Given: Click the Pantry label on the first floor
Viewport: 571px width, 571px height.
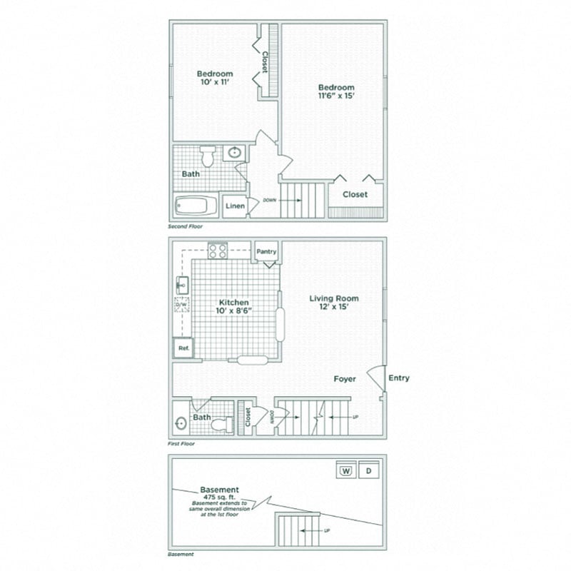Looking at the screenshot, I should tap(266, 252).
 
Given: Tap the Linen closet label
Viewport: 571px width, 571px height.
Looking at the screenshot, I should tap(235, 206).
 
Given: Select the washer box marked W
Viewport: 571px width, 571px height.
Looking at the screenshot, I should tap(345, 471).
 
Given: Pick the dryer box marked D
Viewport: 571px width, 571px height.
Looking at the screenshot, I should tap(368, 471).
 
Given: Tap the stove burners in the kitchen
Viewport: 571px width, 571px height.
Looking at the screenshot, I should tap(218, 251).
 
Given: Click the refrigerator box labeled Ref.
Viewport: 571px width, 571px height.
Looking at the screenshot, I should tap(183, 349).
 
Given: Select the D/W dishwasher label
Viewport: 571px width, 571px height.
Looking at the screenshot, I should tap(181, 305).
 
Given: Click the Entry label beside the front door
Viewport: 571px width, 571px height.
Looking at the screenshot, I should tap(399, 378).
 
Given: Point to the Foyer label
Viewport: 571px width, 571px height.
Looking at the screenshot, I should tap(345, 379).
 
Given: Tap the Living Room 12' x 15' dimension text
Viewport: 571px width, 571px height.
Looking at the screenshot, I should tap(333, 308).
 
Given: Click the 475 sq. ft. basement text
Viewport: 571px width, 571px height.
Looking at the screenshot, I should tap(220, 497).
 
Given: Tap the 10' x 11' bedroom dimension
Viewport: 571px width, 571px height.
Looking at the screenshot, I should tap(215, 83).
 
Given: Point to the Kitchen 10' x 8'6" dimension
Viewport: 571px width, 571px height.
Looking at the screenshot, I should tap(236, 311).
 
